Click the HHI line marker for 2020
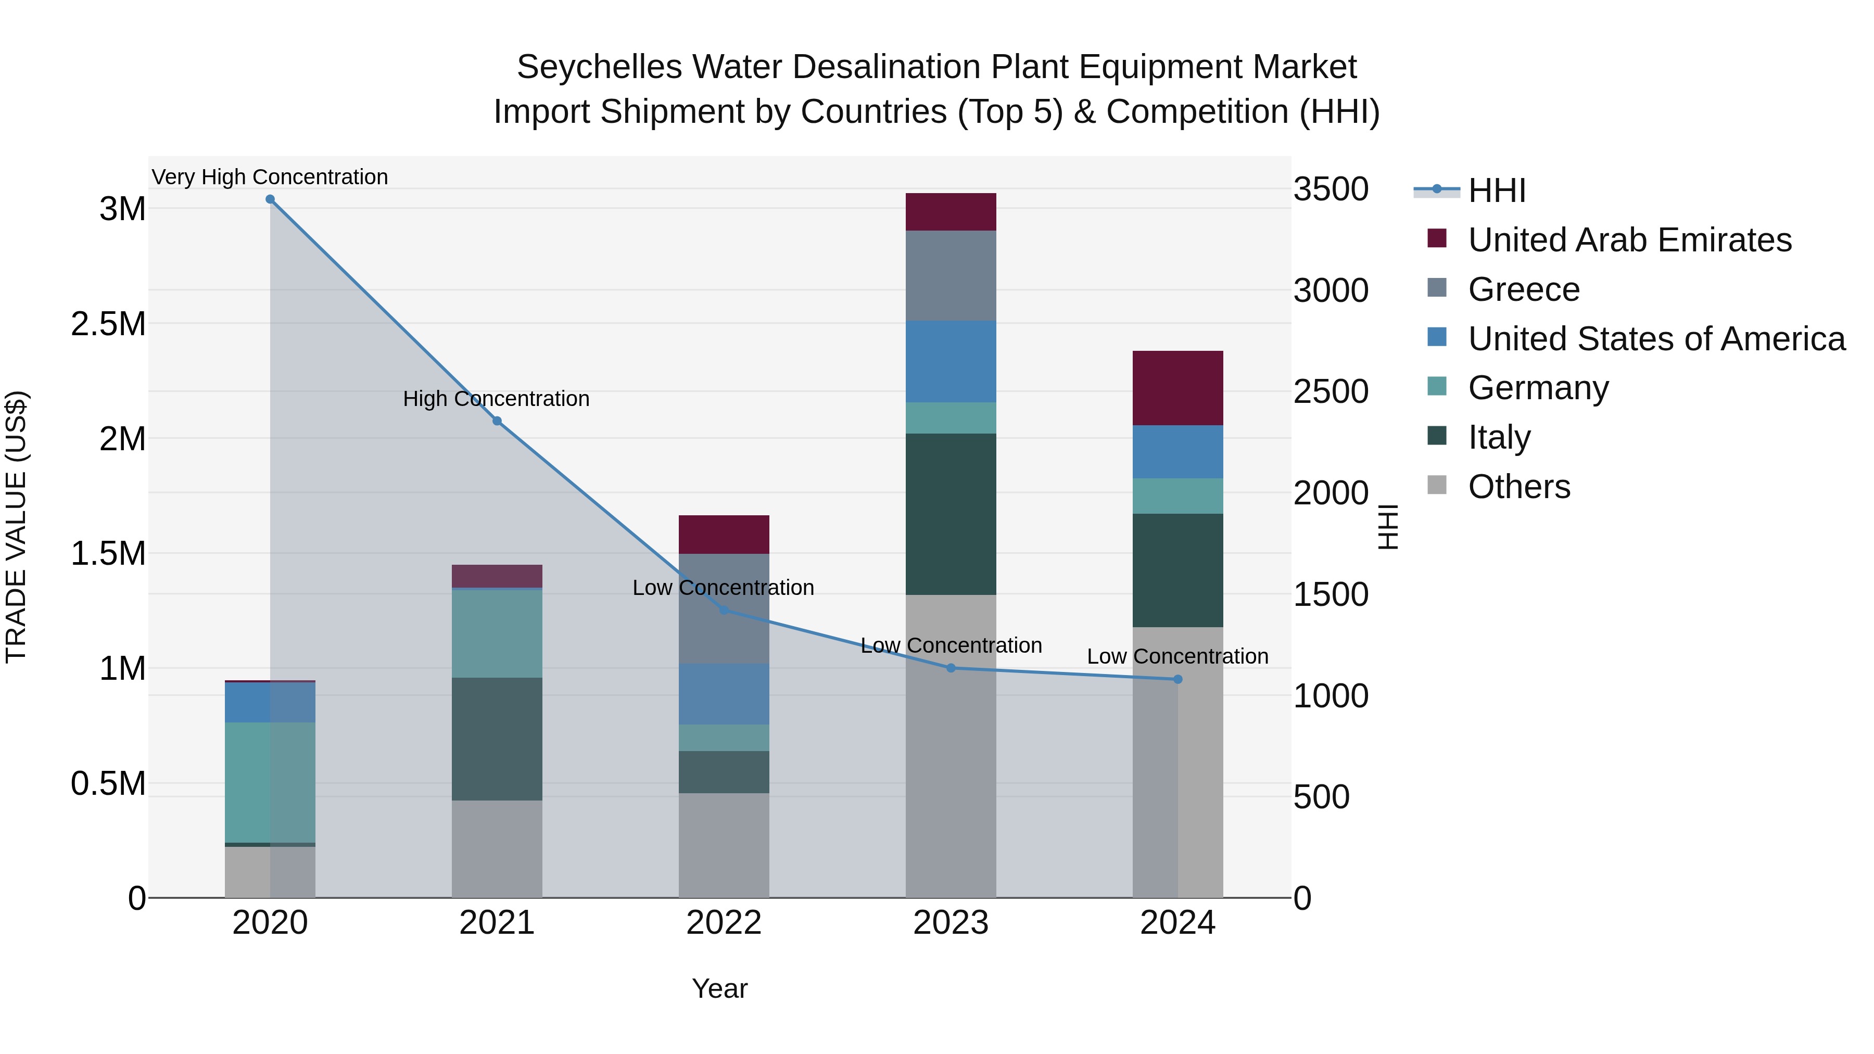270,199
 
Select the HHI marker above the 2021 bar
497,421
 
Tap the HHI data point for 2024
1178,679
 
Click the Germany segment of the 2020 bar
270,782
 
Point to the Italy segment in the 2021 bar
497,739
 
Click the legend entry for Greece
1523,289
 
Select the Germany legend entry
1538,388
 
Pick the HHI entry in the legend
1497,191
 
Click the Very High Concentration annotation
270,177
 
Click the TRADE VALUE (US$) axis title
16,527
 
